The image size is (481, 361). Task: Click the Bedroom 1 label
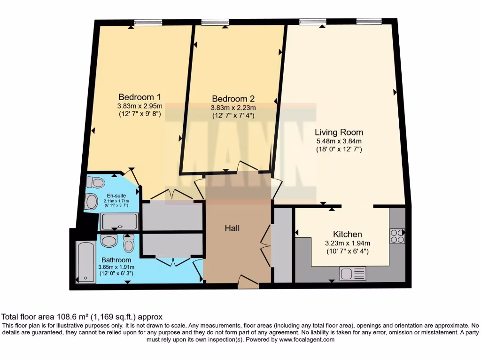tap(139, 97)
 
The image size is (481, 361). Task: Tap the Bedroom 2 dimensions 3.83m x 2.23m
tap(233, 107)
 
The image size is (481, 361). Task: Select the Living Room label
tap(339, 132)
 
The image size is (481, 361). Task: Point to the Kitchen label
tap(347, 234)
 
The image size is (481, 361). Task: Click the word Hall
tap(232, 228)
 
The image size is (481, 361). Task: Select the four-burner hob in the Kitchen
tap(397, 236)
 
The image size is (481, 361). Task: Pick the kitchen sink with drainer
tap(352, 273)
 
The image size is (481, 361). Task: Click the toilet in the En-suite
tap(97, 182)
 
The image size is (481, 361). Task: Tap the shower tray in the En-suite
tap(119, 221)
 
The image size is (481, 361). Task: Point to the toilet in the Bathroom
tap(128, 243)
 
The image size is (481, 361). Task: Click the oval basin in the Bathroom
tap(109, 242)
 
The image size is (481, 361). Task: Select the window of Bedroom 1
tap(148, 22)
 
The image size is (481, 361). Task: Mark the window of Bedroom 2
tap(215, 22)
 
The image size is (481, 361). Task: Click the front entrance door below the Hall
tap(248, 283)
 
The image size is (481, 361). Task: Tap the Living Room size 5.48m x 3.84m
tap(339, 141)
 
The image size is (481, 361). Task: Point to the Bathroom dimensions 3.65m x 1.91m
tap(115, 267)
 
